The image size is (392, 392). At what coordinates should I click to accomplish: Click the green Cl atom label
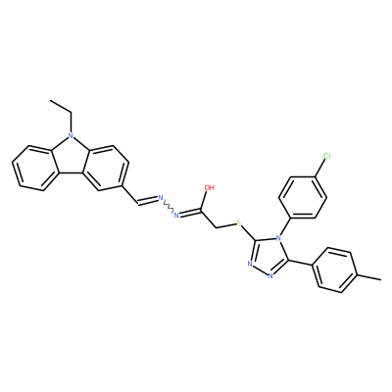pyautogui.click(x=326, y=156)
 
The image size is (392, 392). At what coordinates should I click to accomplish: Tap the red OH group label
pyautogui.click(x=209, y=188)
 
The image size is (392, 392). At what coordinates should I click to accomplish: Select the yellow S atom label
pyautogui.click(x=239, y=223)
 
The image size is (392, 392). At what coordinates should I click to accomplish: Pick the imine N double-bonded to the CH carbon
pyautogui.click(x=161, y=198)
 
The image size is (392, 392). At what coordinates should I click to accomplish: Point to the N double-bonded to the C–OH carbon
pyautogui.click(x=176, y=215)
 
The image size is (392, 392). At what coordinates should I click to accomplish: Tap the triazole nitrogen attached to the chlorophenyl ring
pyautogui.click(x=278, y=236)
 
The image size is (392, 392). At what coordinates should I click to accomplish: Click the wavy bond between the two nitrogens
pyautogui.click(x=169, y=207)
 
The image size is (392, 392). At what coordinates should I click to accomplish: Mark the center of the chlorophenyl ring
pyautogui.click(x=303, y=197)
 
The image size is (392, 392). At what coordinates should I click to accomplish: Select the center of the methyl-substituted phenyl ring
pyautogui.click(x=337, y=271)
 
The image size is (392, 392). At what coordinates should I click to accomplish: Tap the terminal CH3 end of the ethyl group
pyautogui.click(x=51, y=101)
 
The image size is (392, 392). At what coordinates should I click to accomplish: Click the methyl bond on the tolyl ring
pyautogui.click(x=370, y=277)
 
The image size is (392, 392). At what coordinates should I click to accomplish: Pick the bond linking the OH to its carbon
pyautogui.click(x=205, y=202)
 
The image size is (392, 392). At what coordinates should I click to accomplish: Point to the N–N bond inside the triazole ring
pyautogui.click(x=260, y=270)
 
